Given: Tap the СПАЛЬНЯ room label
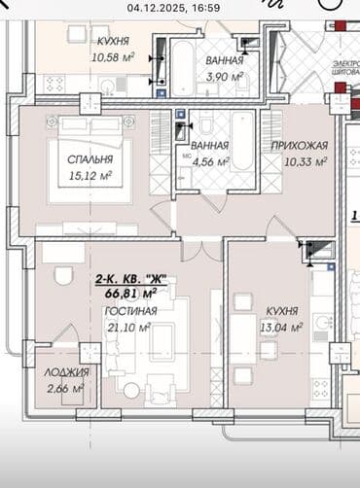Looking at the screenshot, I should pyautogui.click(x=89, y=158).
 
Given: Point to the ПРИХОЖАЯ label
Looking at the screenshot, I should pyautogui.click(x=299, y=146).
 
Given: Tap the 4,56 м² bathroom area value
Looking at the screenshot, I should pyautogui.click(x=210, y=162).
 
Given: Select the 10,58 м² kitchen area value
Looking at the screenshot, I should pyautogui.click(x=115, y=56).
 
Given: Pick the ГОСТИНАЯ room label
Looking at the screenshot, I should pyautogui.click(x=129, y=311).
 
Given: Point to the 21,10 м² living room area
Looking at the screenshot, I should pyautogui.click(x=127, y=328).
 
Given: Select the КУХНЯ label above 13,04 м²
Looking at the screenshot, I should pyautogui.click(x=282, y=311).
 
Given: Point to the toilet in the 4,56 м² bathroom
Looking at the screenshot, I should pyautogui.click(x=206, y=127).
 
